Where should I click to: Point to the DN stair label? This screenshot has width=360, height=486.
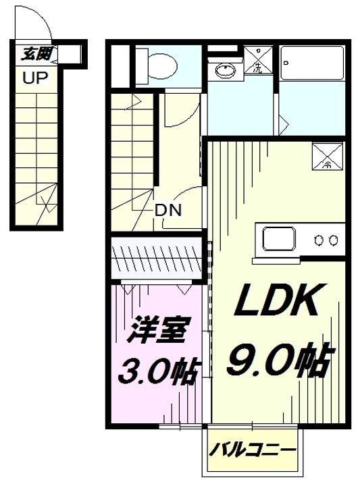click(x=168, y=210)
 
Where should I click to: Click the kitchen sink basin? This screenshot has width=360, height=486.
click(x=278, y=239)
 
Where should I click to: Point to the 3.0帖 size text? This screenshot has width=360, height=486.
click(x=158, y=371)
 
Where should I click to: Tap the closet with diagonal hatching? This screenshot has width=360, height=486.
click(x=155, y=257)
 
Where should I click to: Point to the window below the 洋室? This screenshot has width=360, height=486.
click(x=180, y=427)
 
